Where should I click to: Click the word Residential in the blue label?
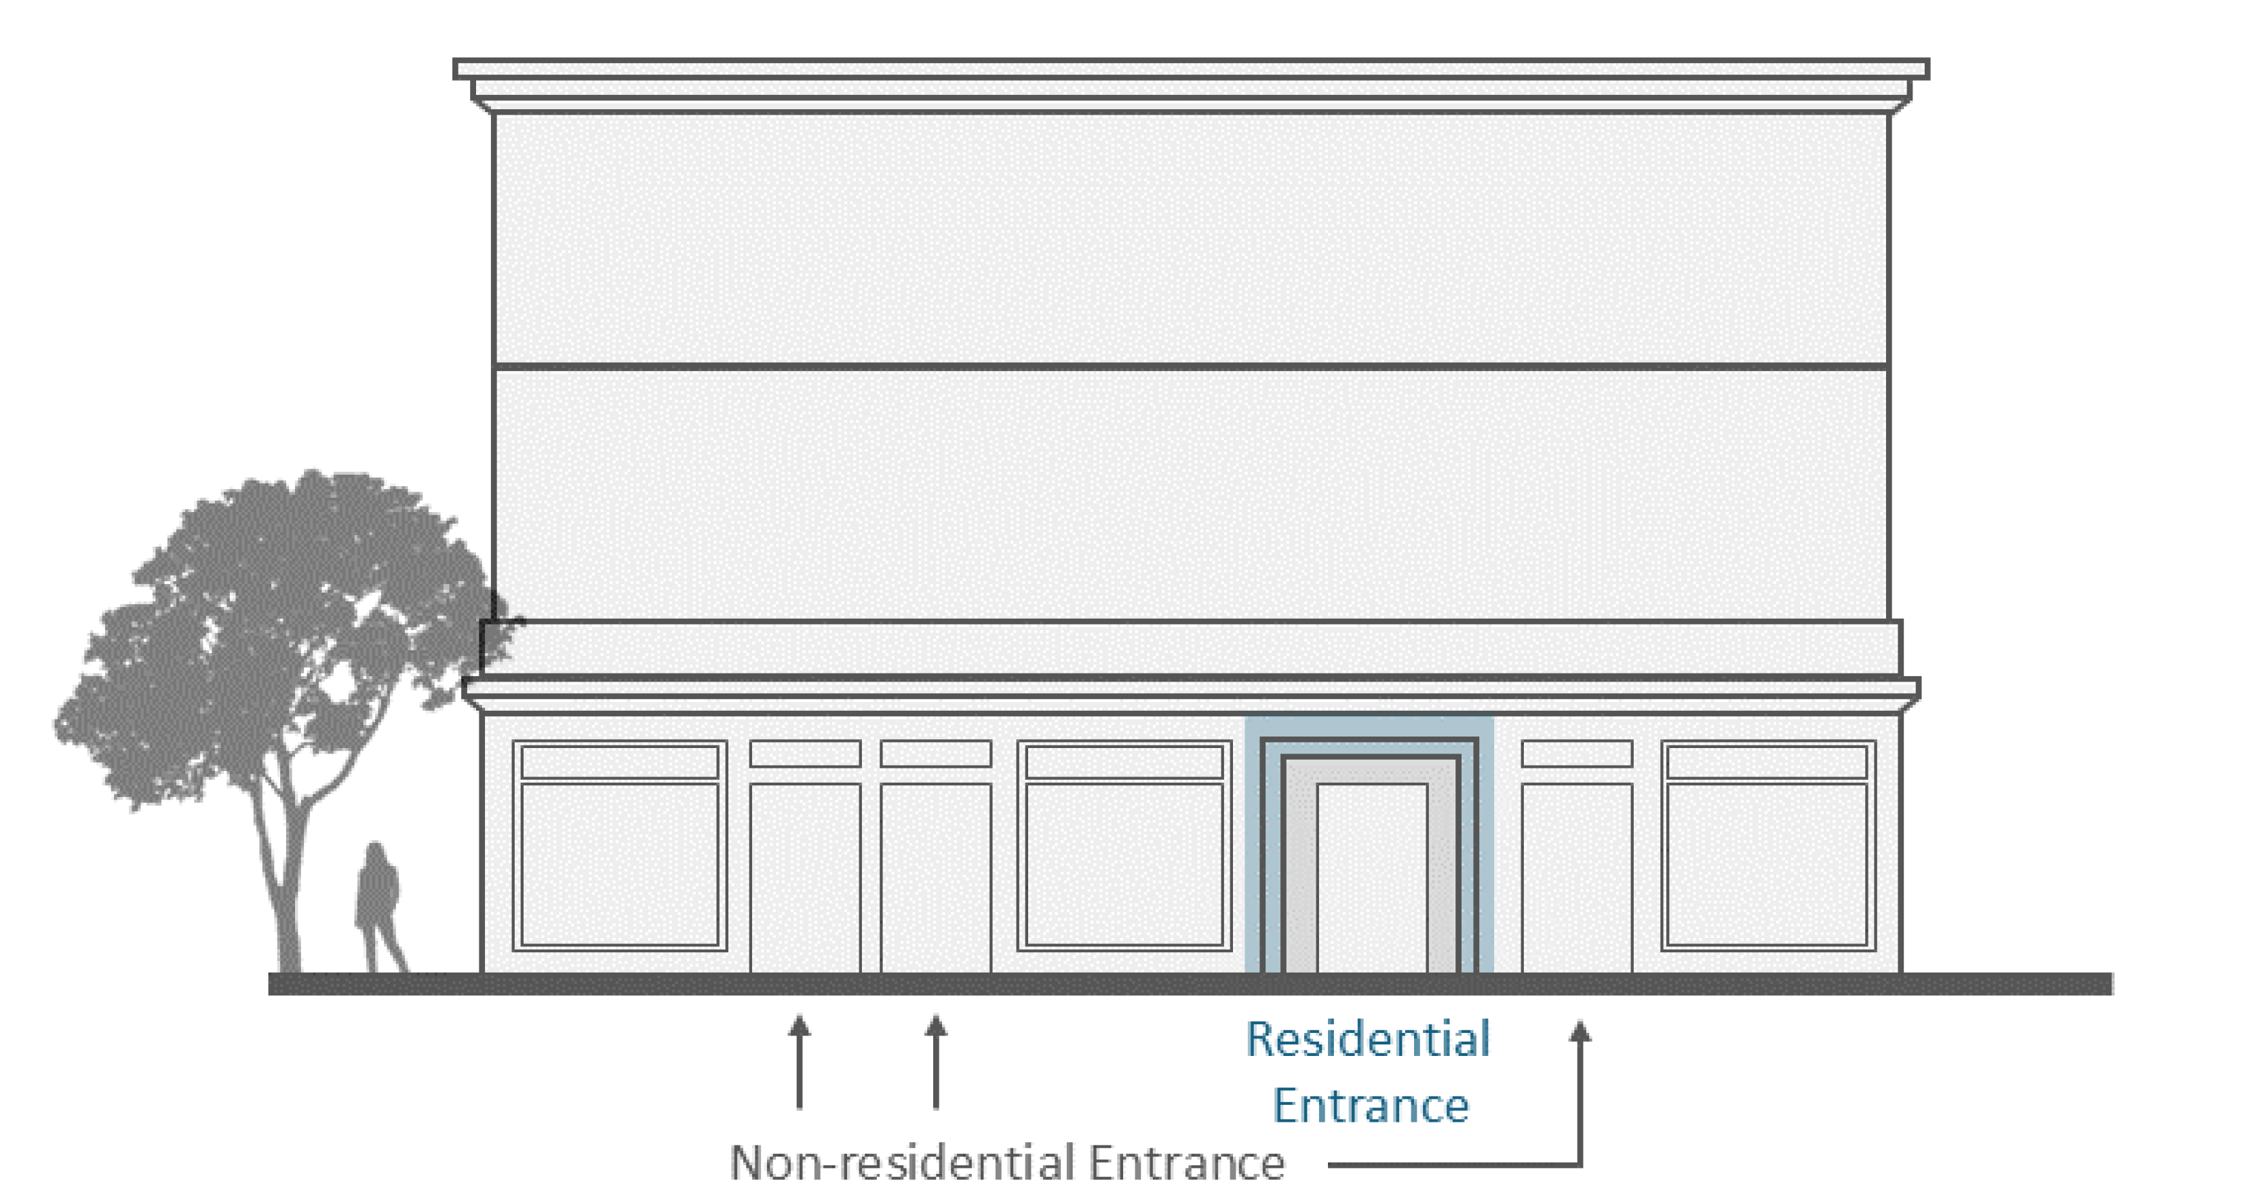tap(1367, 1039)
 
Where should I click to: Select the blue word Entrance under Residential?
tap(1371, 1105)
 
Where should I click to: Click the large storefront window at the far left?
tap(619, 863)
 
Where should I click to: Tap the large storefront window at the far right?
tap(1767, 863)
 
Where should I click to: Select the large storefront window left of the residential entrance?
tap(1124, 863)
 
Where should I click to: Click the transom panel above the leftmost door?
tap(804, 754)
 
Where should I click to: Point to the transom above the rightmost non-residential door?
tap(1576, 754)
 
